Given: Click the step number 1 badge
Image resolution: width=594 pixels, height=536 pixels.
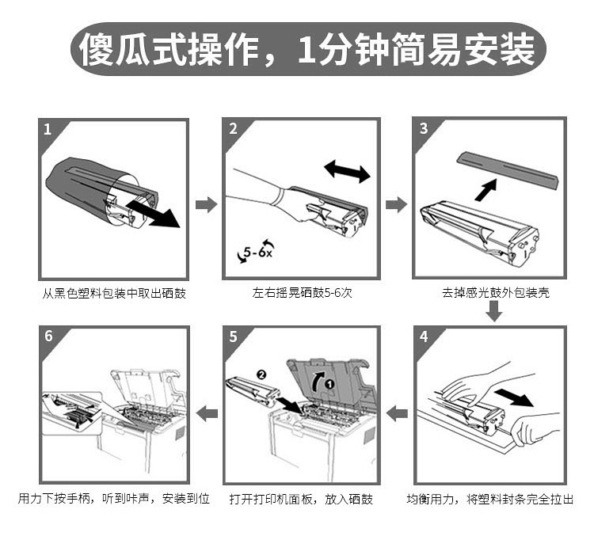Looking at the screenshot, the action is point(48,130).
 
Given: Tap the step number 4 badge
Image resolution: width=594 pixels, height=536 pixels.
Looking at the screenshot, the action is point(424,336).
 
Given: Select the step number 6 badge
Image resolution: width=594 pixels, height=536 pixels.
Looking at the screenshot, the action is point(49,336).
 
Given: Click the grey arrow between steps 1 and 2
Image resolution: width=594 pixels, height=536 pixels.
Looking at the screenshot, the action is point(207,204).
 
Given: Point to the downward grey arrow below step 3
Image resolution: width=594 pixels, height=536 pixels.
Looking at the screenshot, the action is point(494,311).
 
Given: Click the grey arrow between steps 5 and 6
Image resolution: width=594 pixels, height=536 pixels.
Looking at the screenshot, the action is point(207,412).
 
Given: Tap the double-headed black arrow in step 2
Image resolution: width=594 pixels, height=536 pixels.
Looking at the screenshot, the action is point(347,171).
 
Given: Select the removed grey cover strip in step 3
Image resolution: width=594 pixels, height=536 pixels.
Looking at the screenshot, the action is point(508,169).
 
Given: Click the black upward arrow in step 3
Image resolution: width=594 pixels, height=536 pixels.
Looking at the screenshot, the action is point(486,190).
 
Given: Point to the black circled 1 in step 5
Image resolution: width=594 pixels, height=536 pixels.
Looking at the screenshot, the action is point(329,384).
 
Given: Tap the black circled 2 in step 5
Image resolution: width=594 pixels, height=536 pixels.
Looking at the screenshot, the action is point(261,374).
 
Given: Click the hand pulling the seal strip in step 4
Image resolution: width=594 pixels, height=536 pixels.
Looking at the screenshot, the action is point(535,428).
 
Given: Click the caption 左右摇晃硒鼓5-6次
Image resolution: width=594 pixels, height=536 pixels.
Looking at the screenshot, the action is point(303,293).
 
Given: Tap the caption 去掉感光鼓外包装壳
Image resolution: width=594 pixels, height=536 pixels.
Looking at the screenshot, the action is point(496,293).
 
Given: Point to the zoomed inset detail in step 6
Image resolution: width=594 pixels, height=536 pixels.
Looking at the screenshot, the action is point(72,413).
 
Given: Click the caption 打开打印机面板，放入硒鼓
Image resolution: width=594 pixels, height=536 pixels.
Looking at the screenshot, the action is point(302,500).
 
